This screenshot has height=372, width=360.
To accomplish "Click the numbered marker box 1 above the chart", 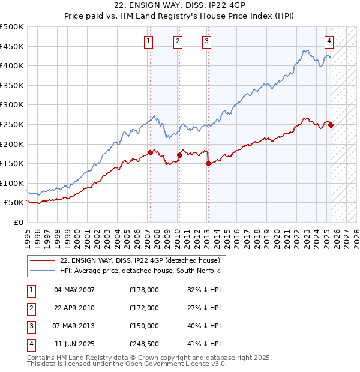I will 148,41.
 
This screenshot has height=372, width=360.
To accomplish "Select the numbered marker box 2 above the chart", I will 178,41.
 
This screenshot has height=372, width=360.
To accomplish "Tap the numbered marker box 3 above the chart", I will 206,41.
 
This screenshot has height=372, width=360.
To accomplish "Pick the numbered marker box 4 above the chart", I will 329,41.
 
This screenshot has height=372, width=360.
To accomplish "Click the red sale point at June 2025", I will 331,125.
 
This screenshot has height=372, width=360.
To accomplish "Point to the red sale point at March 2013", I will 208,163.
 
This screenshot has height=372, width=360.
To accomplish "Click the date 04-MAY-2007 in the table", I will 74,290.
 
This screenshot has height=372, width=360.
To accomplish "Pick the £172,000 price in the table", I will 144,308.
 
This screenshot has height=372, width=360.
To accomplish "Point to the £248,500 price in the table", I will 144,344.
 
